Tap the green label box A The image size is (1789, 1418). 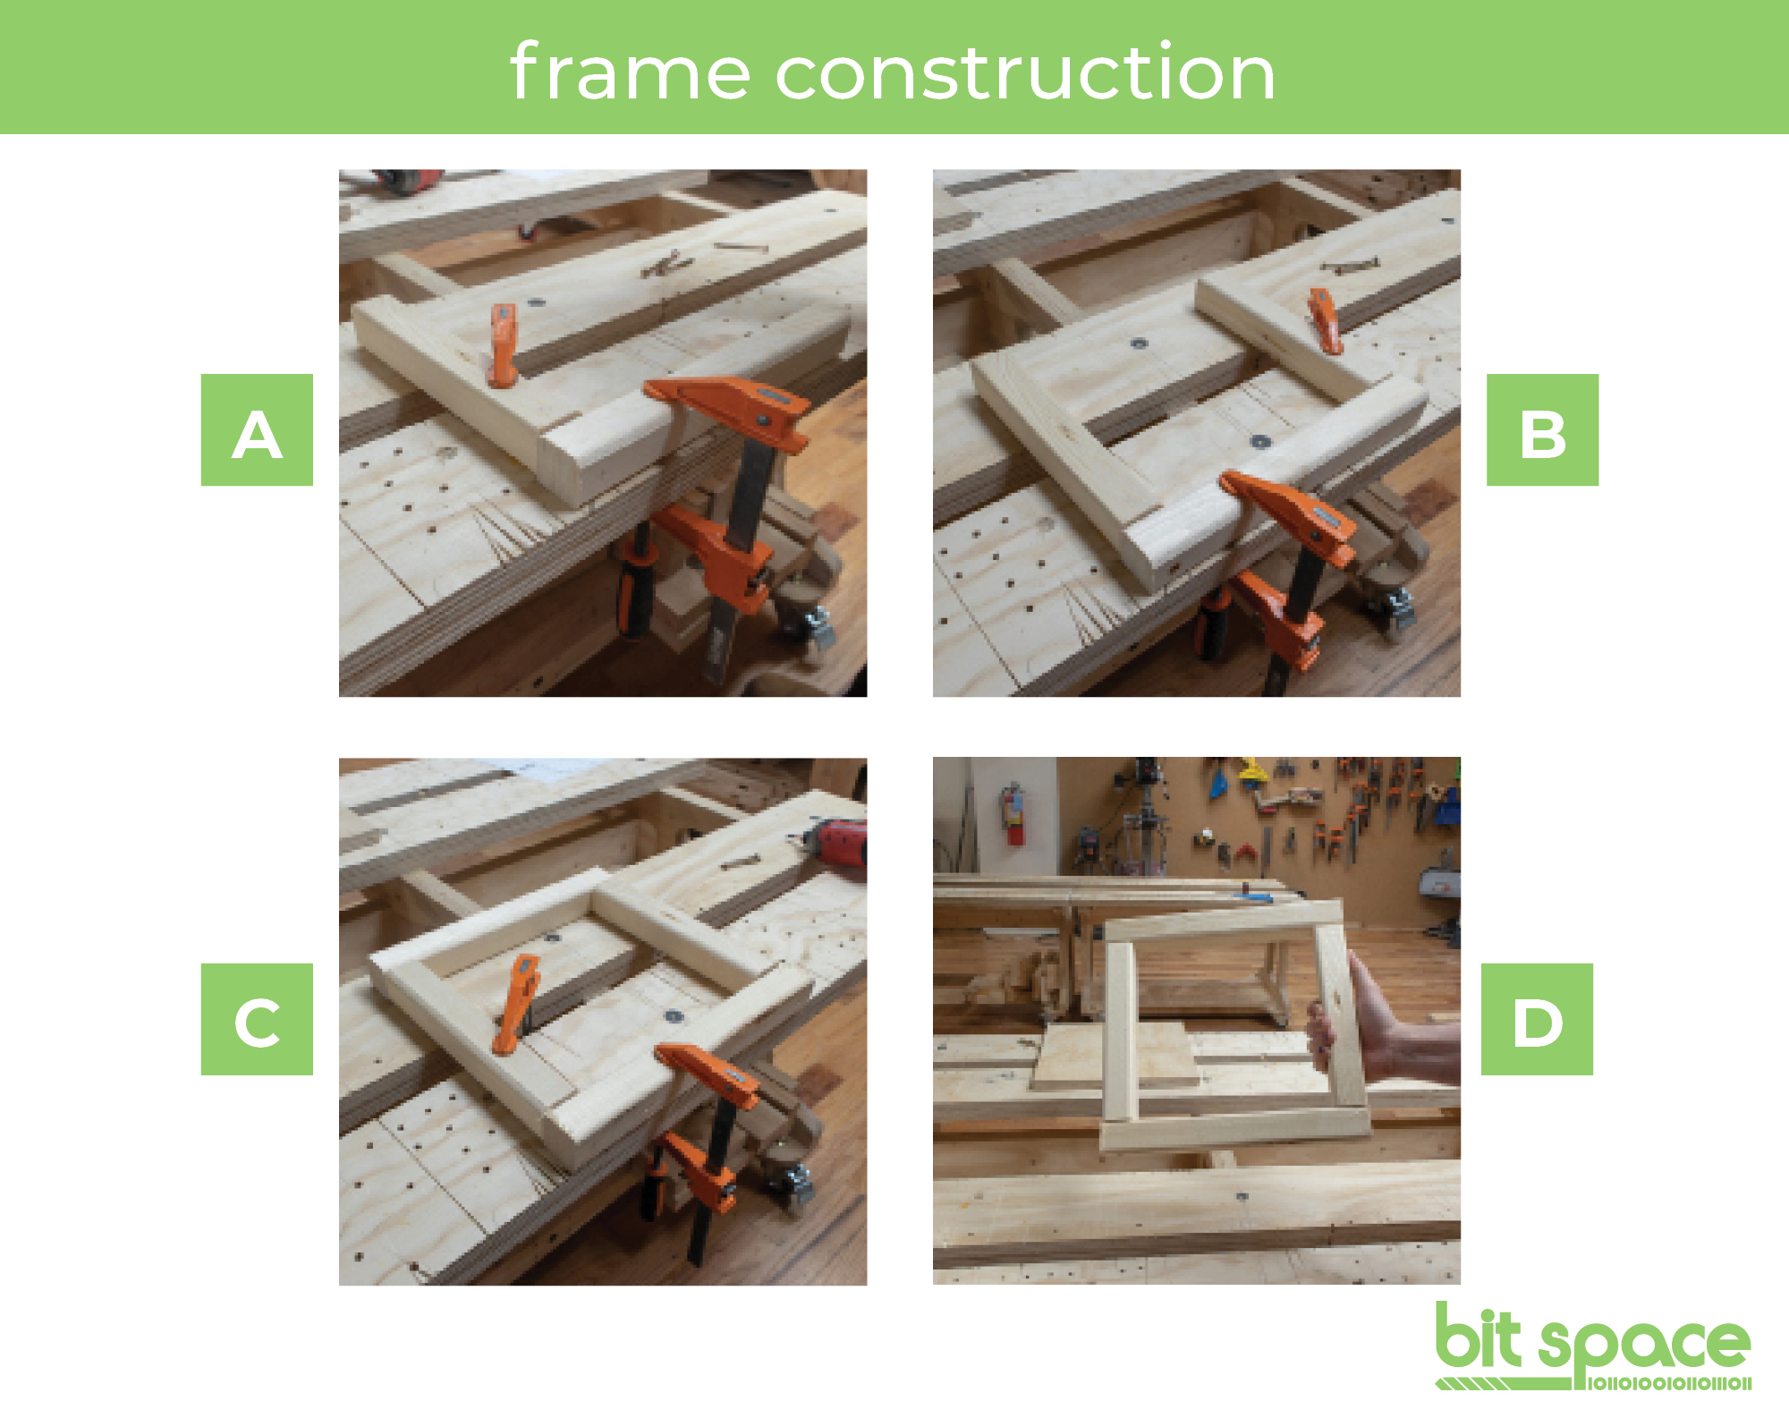(257, 429)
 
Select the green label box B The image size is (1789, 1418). (1542, 429)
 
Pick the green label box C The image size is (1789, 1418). (257, 1019)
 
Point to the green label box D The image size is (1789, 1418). (1537, 1019)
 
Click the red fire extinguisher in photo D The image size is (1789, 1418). (1013, 814)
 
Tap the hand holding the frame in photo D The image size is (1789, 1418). (1378, 1020)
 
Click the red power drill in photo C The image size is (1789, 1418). (836, 841)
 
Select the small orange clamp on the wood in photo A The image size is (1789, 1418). (504, 344)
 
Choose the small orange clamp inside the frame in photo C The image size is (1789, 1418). (516, 1003)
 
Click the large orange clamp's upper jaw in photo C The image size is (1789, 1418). (707, 1074)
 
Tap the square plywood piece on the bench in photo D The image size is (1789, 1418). (1115, 1056)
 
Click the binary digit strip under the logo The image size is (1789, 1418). (1668, 1384)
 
